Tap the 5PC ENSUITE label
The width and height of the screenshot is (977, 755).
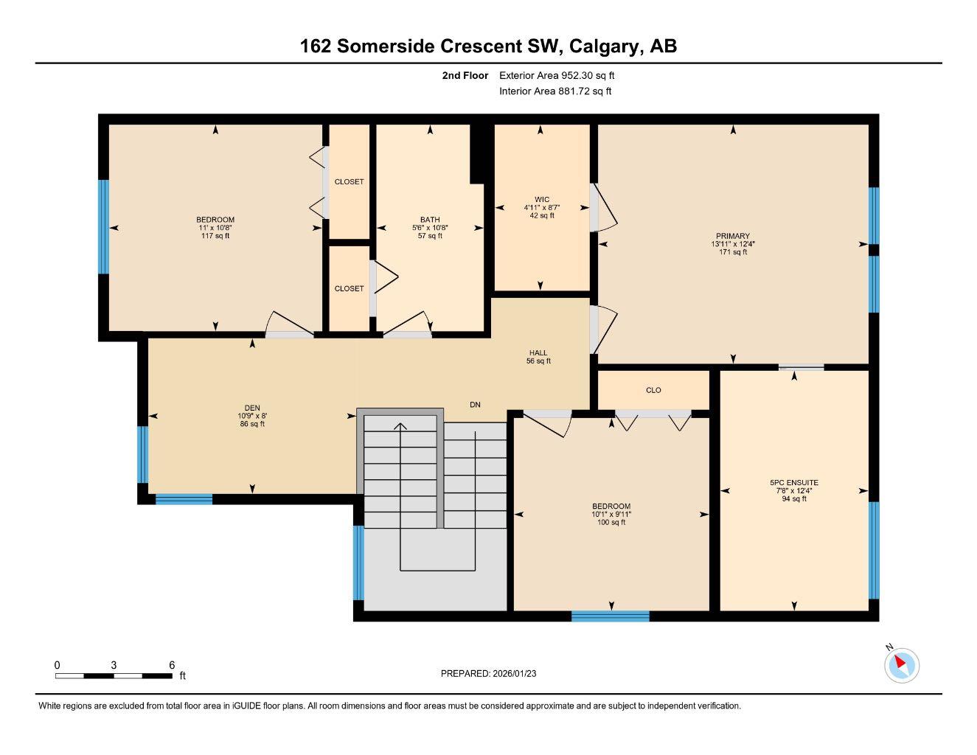coord(793,483)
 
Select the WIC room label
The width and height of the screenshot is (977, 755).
coord(542,199)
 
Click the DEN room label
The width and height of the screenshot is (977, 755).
coord(252,408)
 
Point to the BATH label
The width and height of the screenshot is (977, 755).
coord(430,220)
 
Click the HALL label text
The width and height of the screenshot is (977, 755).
coord(538,352)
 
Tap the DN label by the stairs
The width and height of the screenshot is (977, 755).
coord(476,405)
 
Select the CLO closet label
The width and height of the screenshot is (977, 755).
coord(653,390)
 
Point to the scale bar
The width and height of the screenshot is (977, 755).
coord(114,675)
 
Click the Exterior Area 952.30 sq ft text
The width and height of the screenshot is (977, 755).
coord(557,75)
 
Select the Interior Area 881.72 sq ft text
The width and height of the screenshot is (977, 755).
coord(555,91)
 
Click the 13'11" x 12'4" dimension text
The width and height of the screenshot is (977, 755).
coord(732,244)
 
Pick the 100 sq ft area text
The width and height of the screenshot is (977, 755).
coord(611,522)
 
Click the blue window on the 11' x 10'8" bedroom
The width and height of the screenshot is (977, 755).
coord(104,226)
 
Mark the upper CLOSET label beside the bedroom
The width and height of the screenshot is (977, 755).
coord(349,181)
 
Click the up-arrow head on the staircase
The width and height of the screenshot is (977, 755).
coord(400,426)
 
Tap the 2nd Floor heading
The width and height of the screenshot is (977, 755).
coord(465,75)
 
